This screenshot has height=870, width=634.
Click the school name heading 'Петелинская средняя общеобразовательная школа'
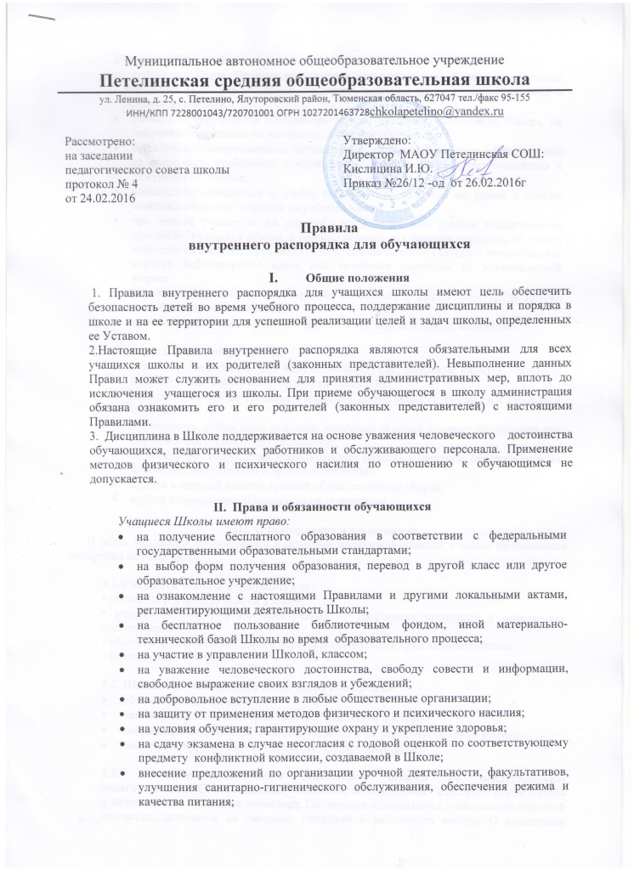(x=316, y=81)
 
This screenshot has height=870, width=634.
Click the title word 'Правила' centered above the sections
(x=316, y=228)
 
